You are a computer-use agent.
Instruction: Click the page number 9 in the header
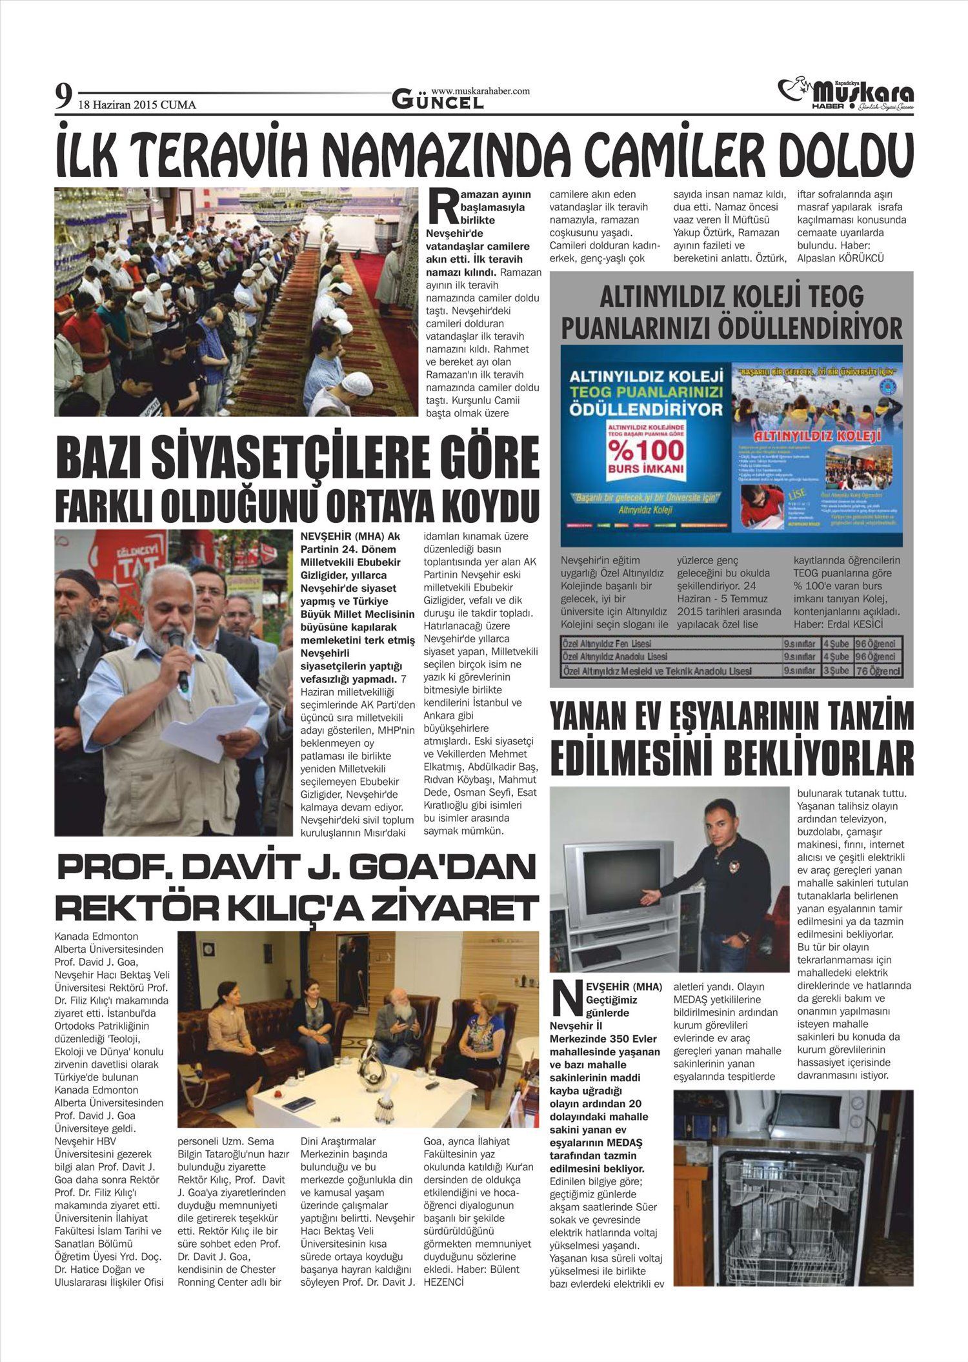(63, 97)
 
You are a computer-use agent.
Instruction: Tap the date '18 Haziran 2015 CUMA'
(137, 105)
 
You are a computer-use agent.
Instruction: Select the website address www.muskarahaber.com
(480, 91)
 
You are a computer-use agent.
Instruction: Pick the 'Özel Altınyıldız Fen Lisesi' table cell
(607, 644)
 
